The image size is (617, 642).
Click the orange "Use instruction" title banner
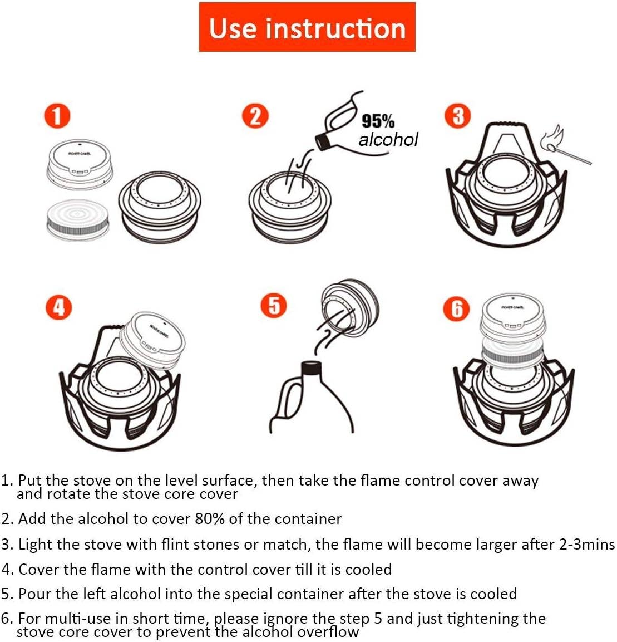click(x=307, y=27)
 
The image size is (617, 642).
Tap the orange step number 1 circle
click(x=57, y=116)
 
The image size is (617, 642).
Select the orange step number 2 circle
click(x=255, y=116)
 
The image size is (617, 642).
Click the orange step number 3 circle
click(x=458, y=116)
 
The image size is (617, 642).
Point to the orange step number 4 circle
click(x=59, y=307)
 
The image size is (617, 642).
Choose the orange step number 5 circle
click(x=274, y=306)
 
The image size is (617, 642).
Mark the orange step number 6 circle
click(x=456, y=308)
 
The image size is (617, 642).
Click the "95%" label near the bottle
click(x=378, y=121)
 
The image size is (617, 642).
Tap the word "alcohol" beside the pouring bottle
click(x=388, y=139)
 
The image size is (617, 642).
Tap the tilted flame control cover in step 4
click(x=152, y=339)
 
